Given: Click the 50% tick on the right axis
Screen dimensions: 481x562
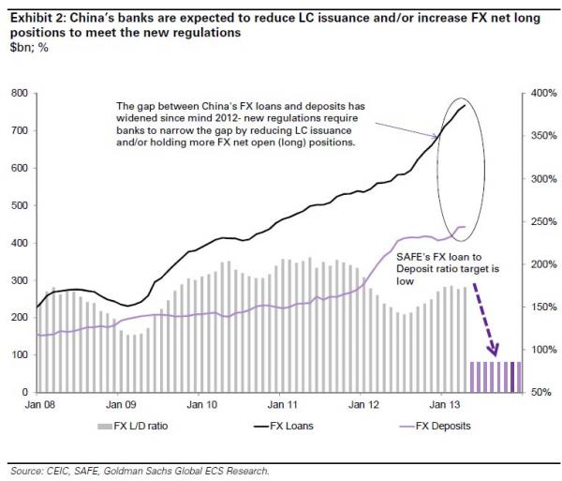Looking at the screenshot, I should tap(543, 392).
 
